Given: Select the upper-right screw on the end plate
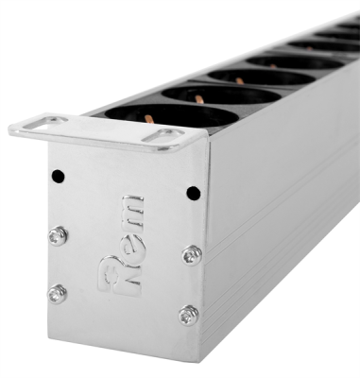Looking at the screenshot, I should point(192,254).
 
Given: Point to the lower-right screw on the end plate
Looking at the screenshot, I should point(189,314).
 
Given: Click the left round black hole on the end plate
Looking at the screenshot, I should point(58,176).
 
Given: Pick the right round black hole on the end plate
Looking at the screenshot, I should point(194,193).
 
